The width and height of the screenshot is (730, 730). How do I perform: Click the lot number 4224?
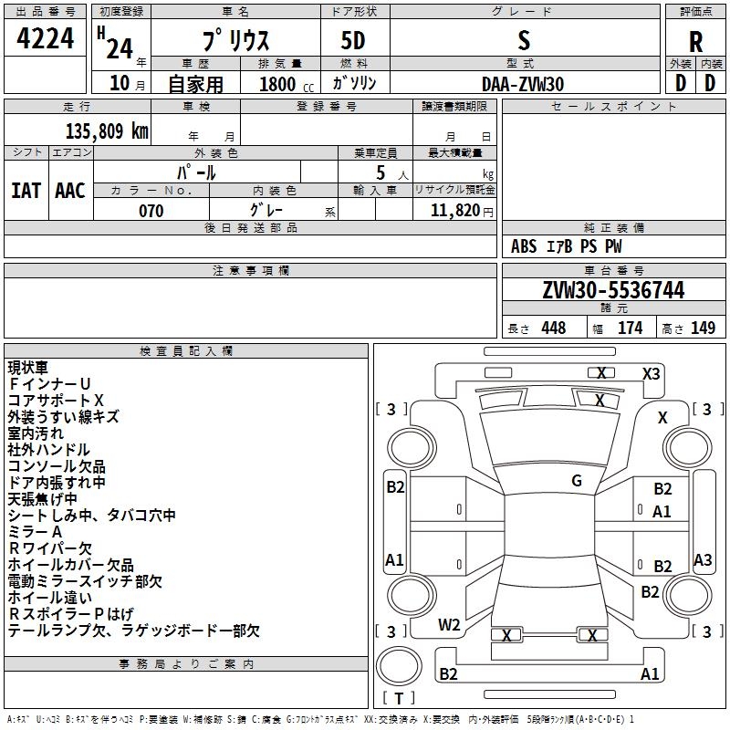pyautogui.click(x=45, y=38)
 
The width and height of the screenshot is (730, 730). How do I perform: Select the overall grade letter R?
pyautogui.click(x=695, y=42)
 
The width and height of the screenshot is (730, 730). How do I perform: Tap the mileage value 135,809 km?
pyautogui.click(x=107, y=130)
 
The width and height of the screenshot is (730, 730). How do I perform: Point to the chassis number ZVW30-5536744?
pyautogui.click(x=613, y=290)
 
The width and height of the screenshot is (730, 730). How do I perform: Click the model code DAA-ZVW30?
pyautogui.click(x=523, y=84)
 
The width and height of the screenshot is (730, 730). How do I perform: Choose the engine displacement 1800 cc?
pyautogui.click(x=287, y=84)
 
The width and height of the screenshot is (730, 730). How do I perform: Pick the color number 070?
pyautogui.click(x=151, y=211)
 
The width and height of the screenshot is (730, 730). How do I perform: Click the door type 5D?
pyautogui.click(x=353, y=41)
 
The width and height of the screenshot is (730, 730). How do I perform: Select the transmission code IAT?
pyautogui.click(x=26, y=191)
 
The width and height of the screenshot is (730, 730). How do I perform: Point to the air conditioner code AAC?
pyautogui.click(x=70, y=191)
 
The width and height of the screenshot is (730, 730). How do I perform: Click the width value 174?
pyautogui.click(x=630, y=328)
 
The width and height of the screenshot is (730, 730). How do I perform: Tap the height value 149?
pyautogui.click(x=703, y=328)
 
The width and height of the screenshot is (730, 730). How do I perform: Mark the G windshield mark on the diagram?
pyautogui.click(x=577, y=481)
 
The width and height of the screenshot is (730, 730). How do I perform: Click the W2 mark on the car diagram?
pyautogui.click(x=449, y=625)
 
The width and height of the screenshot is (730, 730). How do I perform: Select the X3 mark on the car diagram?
pyautogui.click(x=651, y=374)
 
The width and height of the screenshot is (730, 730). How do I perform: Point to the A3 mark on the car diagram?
pyautogui.click(x=703, y=559)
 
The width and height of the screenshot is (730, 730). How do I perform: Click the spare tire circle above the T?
pyautogui.click(x=399, y=666)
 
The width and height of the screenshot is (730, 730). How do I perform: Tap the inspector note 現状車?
pyautogui.click(x=28, y=368)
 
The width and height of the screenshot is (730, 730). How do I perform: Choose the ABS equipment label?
pyautogui.click(x=524, y=246)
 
